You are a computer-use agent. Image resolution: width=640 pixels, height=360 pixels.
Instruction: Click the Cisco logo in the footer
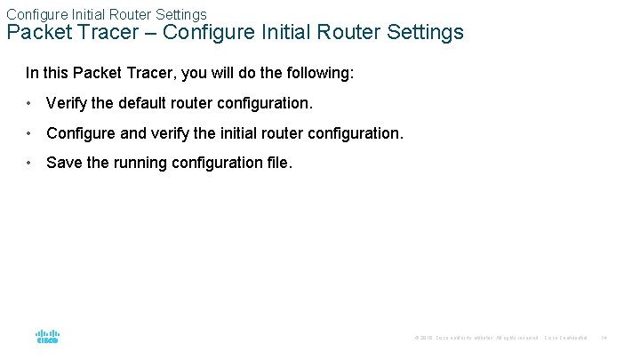[x=47, y=338]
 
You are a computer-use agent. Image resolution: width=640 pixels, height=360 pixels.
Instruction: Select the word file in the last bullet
[x=277, y=163]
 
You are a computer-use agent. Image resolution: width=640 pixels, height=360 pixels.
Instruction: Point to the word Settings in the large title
[x=425, y=33]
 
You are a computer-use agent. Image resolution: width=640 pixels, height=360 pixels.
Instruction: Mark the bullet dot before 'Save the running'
[x=30, y=163]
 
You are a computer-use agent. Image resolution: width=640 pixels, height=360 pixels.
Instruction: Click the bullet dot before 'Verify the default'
[x=30, y=103]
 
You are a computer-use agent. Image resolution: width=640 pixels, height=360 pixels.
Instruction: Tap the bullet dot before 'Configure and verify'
[x=30, y=133]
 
